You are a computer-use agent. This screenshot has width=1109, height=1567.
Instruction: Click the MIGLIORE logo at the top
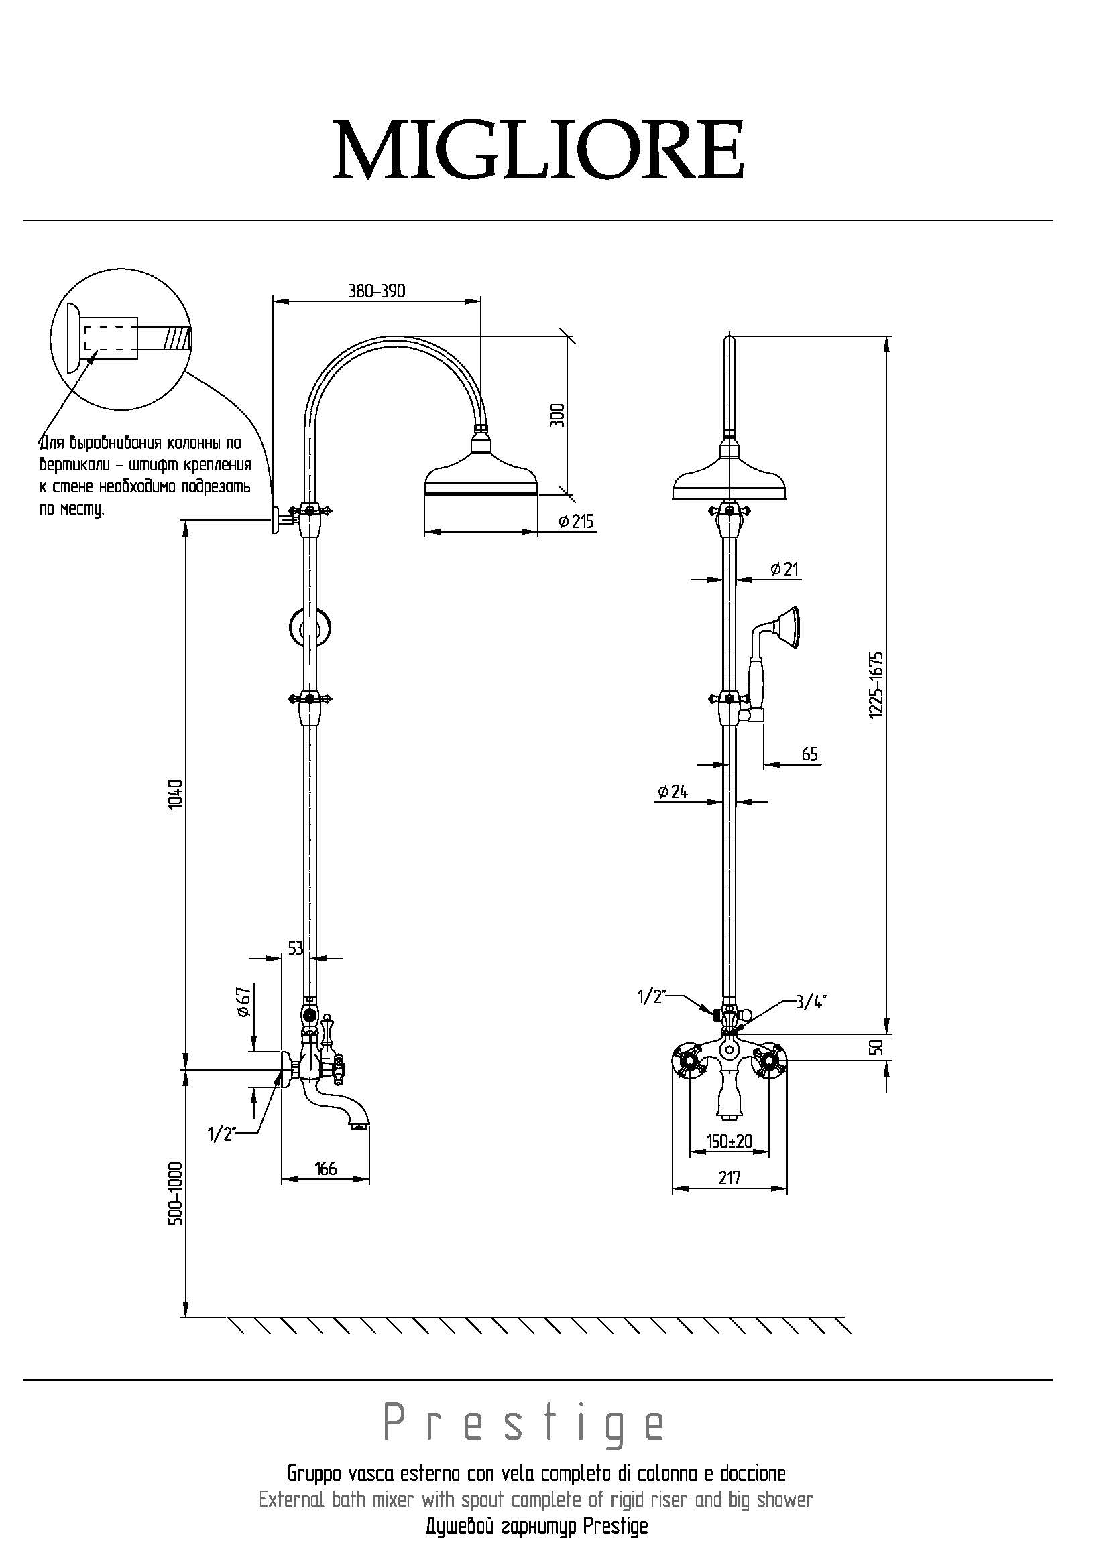[x=538, y=149]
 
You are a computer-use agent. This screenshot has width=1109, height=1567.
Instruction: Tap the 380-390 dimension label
[x=377, y=291]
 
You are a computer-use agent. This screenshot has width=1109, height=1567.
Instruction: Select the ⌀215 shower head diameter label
[x=576, y=521]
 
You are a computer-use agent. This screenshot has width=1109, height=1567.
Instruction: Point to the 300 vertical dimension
[x=559, y=415]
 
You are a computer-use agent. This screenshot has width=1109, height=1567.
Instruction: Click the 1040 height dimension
[x=175, y=794]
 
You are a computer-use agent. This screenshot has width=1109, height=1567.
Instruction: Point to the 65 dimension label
[x=809, y=754]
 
